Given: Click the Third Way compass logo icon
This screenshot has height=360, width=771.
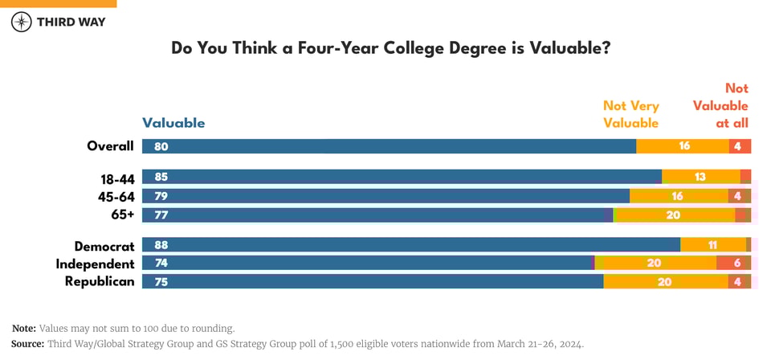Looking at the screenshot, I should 22,22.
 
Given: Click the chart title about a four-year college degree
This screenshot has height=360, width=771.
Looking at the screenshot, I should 391,48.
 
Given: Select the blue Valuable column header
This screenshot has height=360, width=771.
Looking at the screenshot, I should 173,123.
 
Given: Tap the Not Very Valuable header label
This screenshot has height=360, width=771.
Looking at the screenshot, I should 630,114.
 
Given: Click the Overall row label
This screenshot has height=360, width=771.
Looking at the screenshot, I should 110,146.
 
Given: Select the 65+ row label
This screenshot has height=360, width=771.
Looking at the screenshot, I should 121,215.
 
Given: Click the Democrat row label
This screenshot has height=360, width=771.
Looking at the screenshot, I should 104,246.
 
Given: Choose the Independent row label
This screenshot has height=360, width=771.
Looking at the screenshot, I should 95,264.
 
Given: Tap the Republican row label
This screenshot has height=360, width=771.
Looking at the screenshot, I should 99,281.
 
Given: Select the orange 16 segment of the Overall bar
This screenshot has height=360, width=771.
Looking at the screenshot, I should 683,146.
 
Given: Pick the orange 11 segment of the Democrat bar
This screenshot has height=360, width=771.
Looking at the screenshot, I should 712,245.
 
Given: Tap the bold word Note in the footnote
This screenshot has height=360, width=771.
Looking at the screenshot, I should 23,328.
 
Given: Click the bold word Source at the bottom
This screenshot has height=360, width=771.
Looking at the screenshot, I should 28,343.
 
